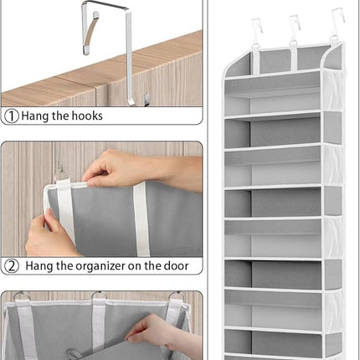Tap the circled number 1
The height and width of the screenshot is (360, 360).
12,116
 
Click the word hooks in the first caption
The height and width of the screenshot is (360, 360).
85,116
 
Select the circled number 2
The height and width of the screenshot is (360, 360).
12,266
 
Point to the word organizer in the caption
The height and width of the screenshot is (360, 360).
105,266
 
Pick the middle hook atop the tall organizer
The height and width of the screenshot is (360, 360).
295,28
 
